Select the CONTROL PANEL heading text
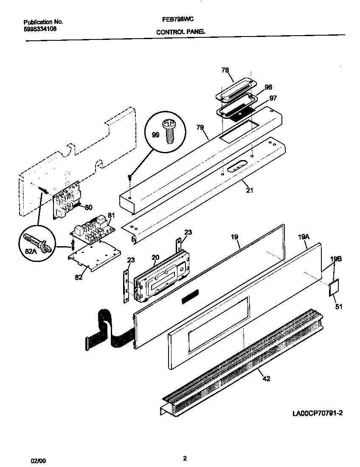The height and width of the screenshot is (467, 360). click(181, 32)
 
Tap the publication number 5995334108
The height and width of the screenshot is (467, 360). click(40, 29)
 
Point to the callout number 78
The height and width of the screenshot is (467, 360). click(225, 70)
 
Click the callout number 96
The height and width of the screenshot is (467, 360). click(268, 87)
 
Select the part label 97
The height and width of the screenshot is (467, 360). click(273, 98)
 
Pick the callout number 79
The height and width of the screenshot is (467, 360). click(200, 127)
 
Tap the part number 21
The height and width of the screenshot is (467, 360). click(250, 191)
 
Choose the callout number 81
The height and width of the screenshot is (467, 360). click(111, 215)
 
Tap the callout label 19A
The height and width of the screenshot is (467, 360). click(303, 238)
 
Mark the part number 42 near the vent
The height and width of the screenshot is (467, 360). click(266, 379)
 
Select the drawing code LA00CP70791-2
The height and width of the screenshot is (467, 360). click(317, 413)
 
